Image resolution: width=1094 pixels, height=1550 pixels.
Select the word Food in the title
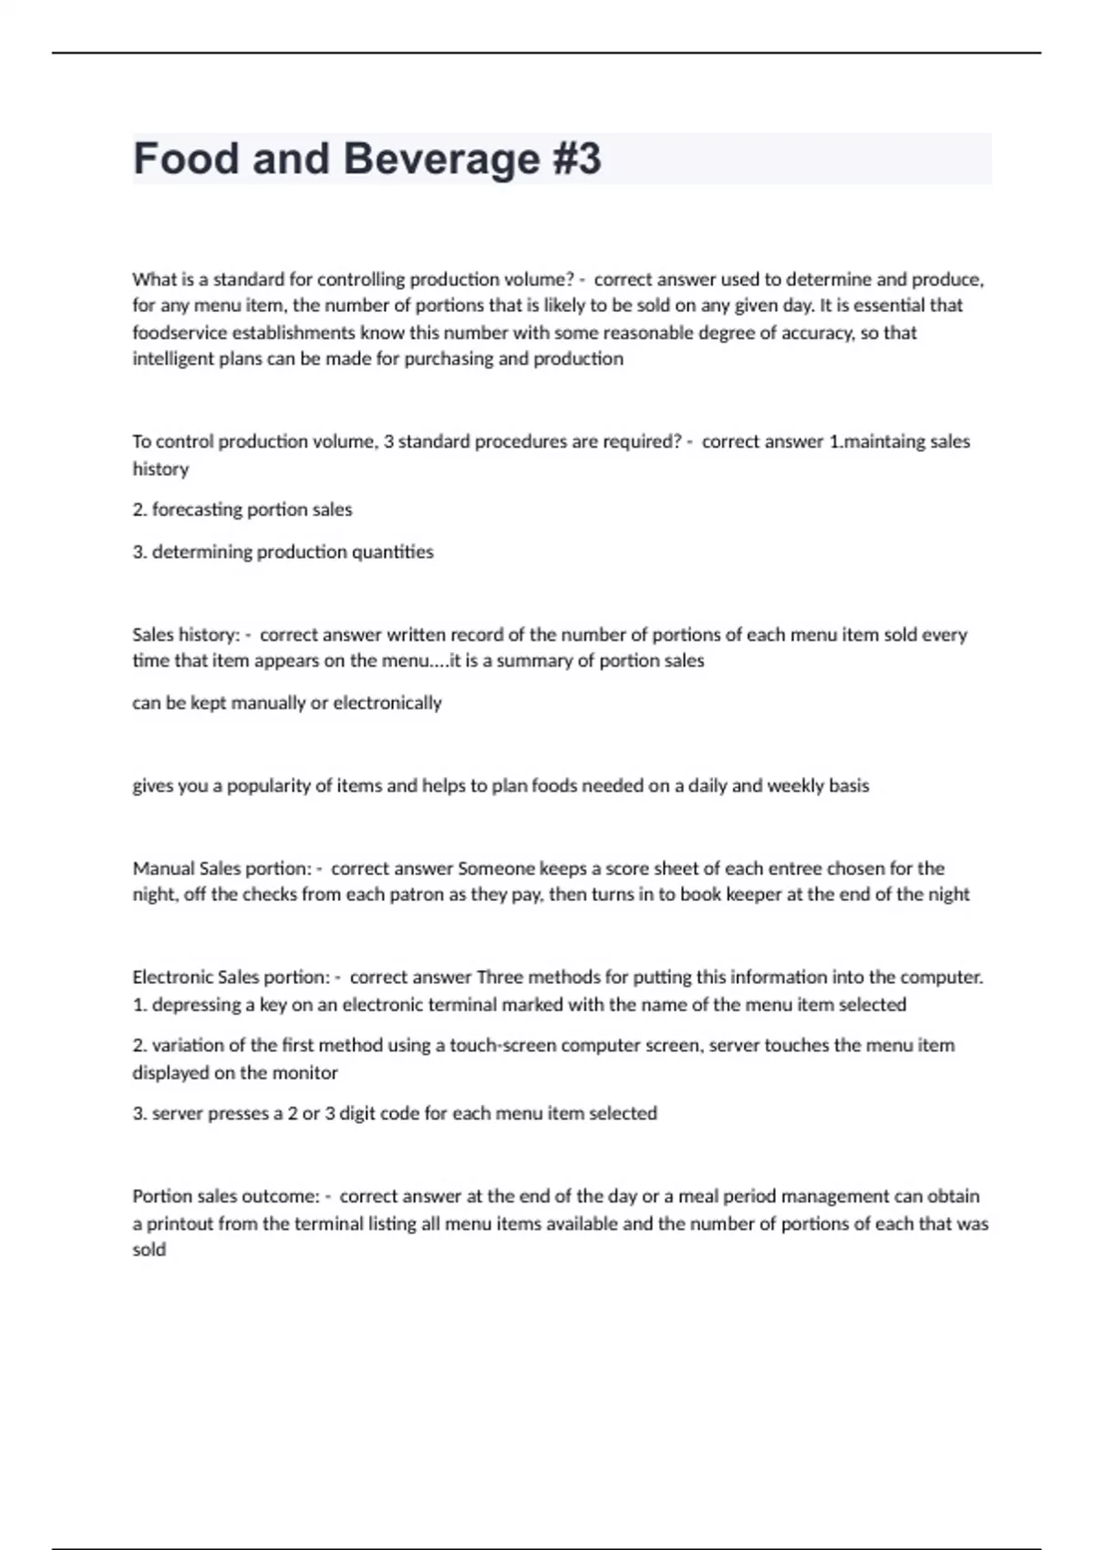point(186,159)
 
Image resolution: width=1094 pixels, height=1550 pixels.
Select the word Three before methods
point(500,977)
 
